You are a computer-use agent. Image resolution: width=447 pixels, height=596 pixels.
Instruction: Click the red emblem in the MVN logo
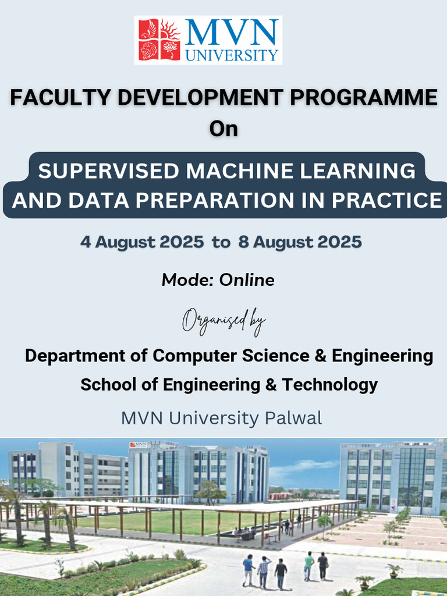pos(159,40)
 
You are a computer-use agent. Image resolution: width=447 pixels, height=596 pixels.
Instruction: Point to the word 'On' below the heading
pos(223,129)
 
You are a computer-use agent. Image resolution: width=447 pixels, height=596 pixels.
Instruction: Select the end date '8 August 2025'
pos(300,242)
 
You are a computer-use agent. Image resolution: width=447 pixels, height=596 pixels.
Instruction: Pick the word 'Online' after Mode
pos(246,280)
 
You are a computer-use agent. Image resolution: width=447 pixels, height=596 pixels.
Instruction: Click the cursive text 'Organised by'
pos(223,321)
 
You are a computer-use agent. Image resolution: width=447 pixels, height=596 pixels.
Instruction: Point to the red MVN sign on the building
pos(138,445)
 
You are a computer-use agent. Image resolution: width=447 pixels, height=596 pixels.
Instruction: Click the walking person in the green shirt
pos(308,565)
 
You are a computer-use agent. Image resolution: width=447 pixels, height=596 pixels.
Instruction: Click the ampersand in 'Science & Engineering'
pos(320,355)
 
